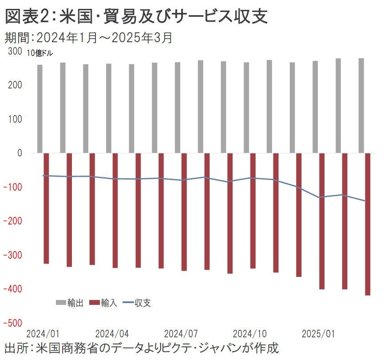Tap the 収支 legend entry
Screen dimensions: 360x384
click(137, 303)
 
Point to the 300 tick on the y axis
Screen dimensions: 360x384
click(15, 52)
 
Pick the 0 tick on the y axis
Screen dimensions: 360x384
click(20, 153)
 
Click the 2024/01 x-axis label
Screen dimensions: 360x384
click(43, 333)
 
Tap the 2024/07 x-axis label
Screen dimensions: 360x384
click(181, 333)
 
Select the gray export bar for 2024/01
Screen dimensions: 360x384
click(40, 109)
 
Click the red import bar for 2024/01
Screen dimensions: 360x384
click(46, 208)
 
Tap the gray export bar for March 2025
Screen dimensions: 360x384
click(361, 106)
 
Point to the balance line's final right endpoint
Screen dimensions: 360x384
click(364, 201)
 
